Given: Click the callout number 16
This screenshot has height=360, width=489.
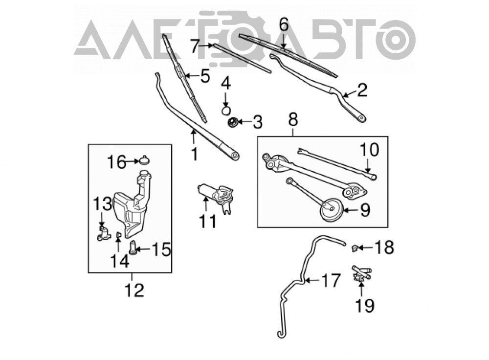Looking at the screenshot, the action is [117, 162].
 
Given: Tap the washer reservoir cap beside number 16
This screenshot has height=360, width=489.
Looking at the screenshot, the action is [144, 160].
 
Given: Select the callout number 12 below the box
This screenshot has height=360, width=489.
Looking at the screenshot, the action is [134, 291].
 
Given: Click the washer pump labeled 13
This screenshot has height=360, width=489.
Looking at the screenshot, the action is [104, 234].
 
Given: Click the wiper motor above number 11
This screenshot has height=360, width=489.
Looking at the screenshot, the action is [216, 197].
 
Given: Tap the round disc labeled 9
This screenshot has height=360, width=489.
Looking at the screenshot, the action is [332, 210].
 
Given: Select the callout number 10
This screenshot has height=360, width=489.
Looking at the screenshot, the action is [370, 150].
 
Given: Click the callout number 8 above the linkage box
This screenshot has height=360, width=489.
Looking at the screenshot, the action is [293, 119].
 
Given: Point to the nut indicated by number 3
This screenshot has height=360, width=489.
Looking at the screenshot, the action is [233, 122].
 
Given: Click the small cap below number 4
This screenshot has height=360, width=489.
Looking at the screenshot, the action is [226, 110].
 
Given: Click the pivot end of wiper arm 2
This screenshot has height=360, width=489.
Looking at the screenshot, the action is [361, 118].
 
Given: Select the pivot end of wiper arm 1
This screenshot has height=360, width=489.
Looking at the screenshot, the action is [235, 155].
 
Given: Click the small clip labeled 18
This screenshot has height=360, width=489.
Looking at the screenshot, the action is [355, 248].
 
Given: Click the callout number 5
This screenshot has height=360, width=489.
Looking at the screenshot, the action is [205, 76].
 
